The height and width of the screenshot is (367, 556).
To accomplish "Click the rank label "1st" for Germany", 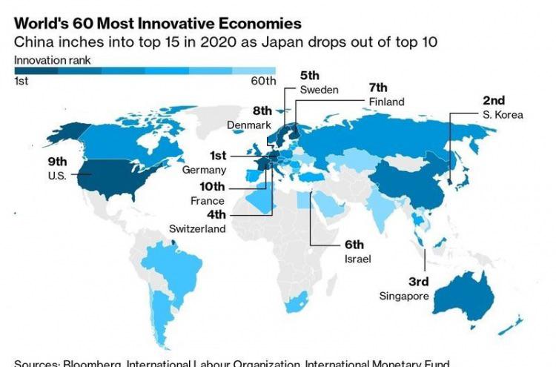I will pyautogui.click(x=217, y=156).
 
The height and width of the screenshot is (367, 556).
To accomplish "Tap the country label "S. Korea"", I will pyautogui.click(x=503, y=115).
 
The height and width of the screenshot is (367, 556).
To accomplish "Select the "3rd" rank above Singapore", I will pyautogui.click(x=419, y=282).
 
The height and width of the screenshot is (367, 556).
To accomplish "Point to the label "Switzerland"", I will pyautogui.click(x=197, y=229).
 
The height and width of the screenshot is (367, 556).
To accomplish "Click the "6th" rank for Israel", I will pyautogui.click(x=354, y=245).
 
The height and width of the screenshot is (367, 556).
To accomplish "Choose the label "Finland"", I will pyautogui.click(x=387, y=102).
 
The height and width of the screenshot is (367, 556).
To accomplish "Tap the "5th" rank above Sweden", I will pyautogui.click(x=309, y=75).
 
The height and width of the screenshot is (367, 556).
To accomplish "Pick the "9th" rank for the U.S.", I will pyautogui.click(x=58, y=161).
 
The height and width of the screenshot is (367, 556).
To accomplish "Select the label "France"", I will pyautogui.click(x=207, y=201).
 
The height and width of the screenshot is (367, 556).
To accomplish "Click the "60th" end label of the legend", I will pyautogui.click(x=264, y=81).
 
